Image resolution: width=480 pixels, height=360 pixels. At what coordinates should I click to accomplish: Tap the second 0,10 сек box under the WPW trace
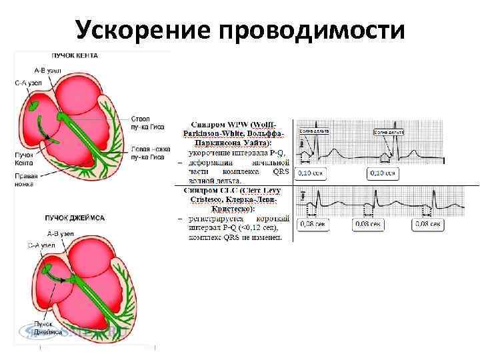click(x=383, y=173)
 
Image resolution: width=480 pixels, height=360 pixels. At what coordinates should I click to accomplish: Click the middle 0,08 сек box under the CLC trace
click(x=367, y=225)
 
